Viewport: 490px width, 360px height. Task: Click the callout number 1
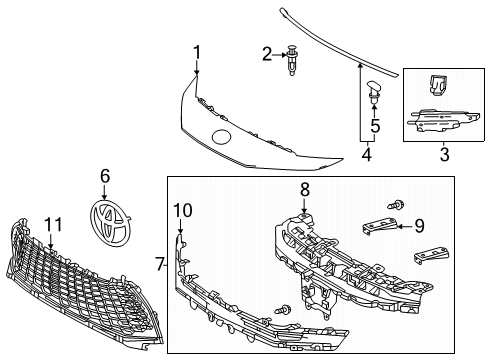pyautogui.click(x=197, y=52)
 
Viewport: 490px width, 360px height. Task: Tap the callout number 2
pyautogui.click(x=267, y=53)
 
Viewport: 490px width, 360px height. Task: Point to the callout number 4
pyautogui.click(x=366, y=155)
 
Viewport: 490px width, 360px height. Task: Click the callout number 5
pyautogui.click(x=375, y=126)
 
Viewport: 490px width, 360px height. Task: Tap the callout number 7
pyautogui.click(x=160, y=264)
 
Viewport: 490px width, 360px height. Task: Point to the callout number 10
pyautogui.click(x=181, y=209)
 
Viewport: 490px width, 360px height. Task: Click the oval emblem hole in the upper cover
pyautogui.click(x=222, y=136)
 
